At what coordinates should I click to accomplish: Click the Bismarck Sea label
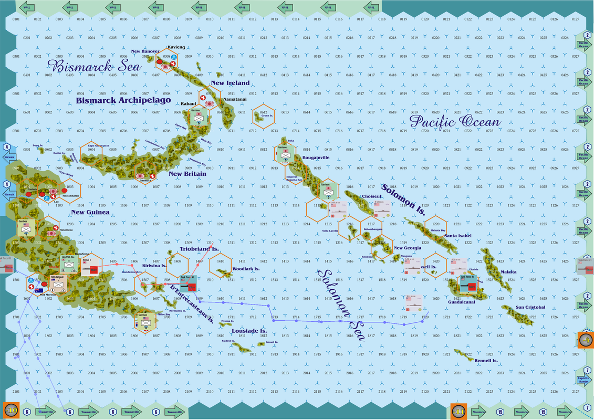coord(95,67)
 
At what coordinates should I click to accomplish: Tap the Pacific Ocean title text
coord(455,122)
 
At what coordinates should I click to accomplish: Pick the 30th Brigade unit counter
coord(58,283)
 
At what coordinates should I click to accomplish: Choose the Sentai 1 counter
coord(87,266)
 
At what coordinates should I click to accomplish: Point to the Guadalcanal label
coord(462,302)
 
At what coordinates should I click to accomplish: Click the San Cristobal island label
coord(530,307)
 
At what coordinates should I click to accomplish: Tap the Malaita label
coord(508,272)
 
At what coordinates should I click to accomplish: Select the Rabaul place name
coord(188,103)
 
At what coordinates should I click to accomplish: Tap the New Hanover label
coord(145,51)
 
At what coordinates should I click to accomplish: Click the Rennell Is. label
coord(486,361)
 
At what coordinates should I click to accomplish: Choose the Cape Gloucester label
coord(98,145)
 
